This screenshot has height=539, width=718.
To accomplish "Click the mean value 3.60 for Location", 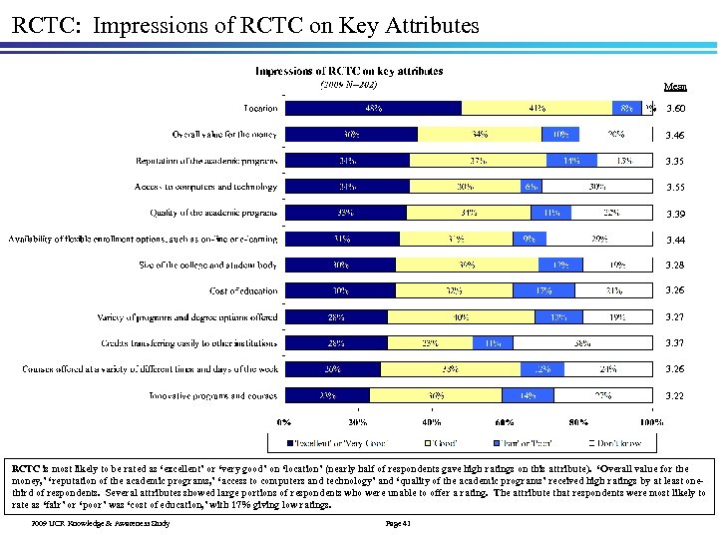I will [x=675, y=108].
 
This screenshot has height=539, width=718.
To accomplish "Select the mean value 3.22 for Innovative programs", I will [x=675, y=396].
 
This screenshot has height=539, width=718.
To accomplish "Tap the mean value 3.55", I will [x=675, y=187].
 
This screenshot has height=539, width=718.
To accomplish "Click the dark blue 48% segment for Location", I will [x=373, y=108].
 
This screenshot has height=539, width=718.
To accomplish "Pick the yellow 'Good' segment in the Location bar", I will [x=537, y=108].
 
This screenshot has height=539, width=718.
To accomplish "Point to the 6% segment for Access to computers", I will [x=531, y=187].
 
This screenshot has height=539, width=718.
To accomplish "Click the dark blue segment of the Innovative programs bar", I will [x=327, y=396].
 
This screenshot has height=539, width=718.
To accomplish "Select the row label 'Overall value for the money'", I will [x=225, y=134].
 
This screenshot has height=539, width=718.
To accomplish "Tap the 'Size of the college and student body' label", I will [x=208, y=265].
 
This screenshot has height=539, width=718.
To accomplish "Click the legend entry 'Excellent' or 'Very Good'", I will [x=335, y=440].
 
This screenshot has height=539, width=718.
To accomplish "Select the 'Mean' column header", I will [x=675, y=86].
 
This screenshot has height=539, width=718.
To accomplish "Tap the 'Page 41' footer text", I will [x=398, y=523].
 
